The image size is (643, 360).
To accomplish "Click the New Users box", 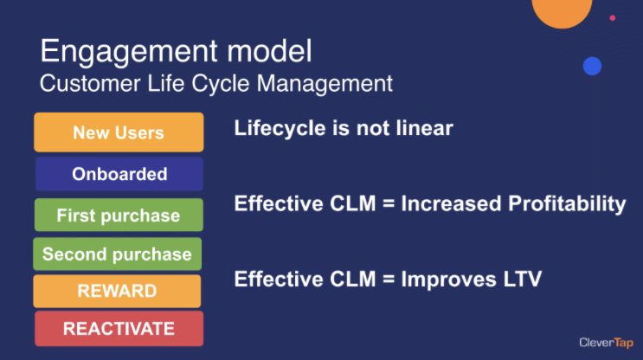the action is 119,132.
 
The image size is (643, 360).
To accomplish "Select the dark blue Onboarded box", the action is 119,174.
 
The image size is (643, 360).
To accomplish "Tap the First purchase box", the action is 119,215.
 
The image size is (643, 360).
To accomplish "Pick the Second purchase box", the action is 118,254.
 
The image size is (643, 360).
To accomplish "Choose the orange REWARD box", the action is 118,291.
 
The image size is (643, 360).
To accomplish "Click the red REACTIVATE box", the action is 119,329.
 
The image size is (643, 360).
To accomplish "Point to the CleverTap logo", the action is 606,343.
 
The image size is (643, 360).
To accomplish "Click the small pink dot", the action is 612,17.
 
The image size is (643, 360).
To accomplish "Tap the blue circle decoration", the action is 592,66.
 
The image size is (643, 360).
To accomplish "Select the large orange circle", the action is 562,10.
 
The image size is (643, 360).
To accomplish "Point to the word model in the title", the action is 269,51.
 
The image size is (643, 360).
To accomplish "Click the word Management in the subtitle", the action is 325,84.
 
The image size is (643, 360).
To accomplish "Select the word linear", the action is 425,128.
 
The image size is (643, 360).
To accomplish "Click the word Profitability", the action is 567,203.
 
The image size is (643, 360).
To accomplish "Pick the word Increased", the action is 451,203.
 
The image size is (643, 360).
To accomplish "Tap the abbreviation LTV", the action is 523,280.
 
